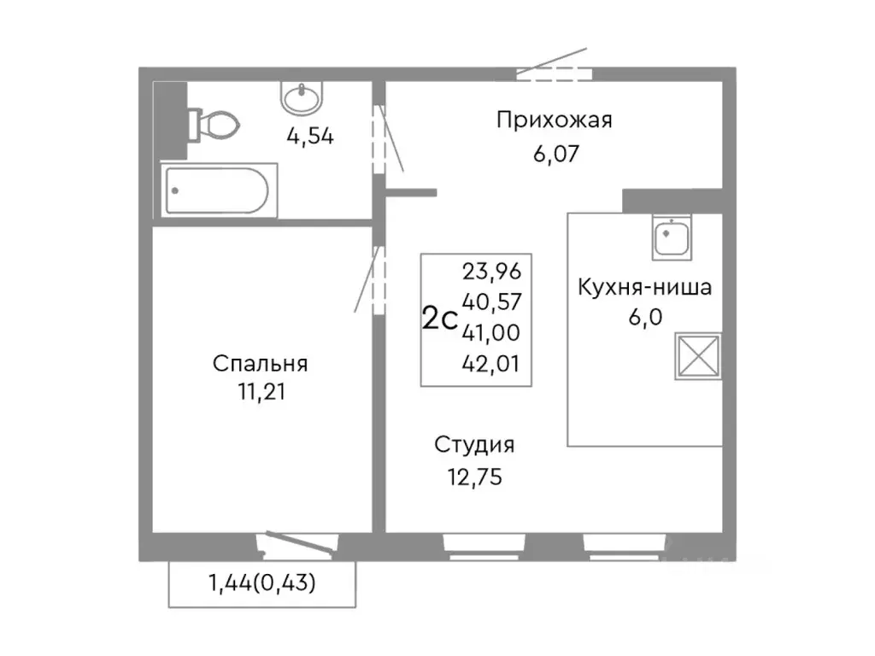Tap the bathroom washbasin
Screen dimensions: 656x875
(x=301, y=99)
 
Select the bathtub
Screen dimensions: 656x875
(x=217, y=191)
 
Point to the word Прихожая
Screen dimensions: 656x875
(x=555, y=120)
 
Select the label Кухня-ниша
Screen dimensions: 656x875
(x=643, y=287)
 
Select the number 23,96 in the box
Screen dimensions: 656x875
(x=491, y=272)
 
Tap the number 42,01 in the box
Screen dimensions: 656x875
(x=491, y=365)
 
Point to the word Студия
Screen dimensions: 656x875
(x=474, y=445)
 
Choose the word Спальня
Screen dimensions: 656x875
(x=260, y=364)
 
